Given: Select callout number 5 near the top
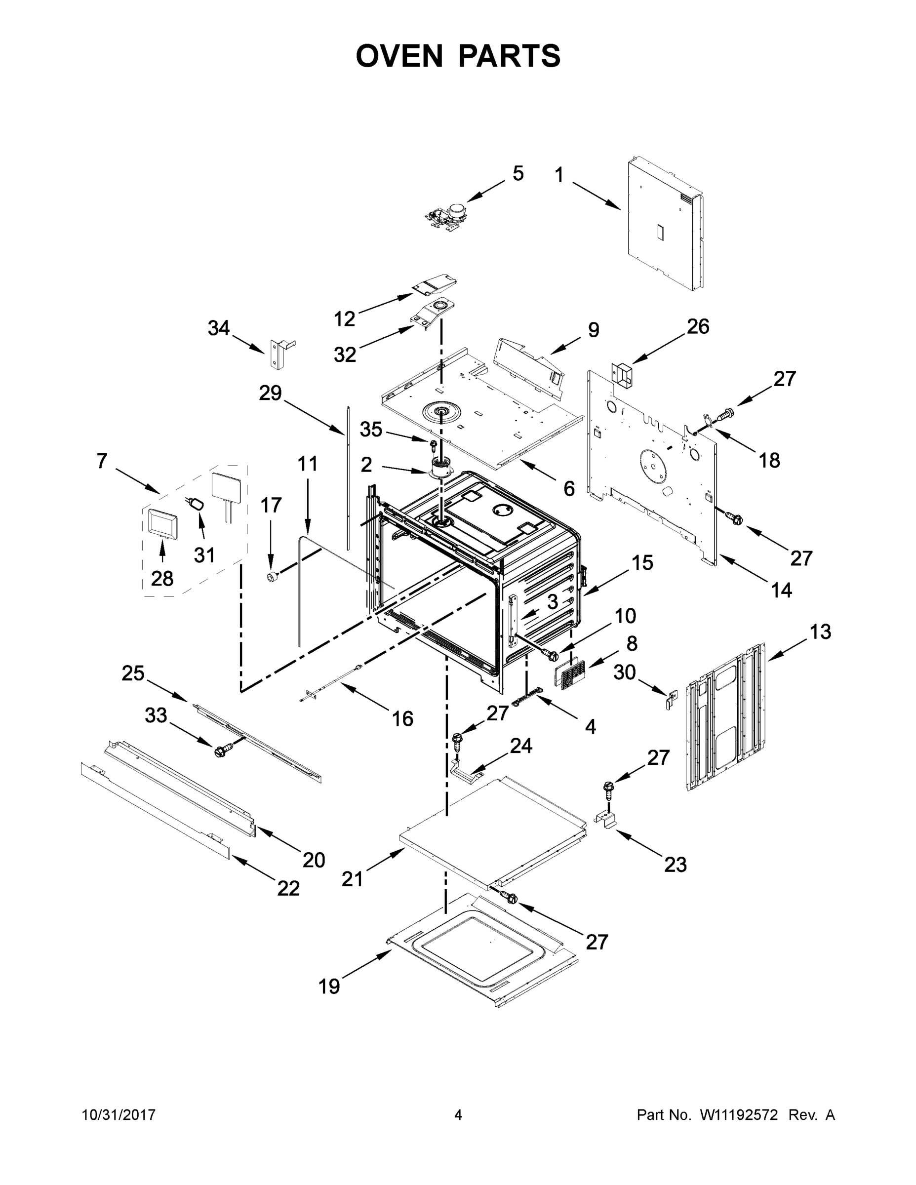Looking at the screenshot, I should click(518, 174).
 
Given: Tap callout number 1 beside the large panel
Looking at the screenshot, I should click(559, 175).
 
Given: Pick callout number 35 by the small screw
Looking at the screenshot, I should click(371, 429).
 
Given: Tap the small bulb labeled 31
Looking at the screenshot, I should click(197, 504).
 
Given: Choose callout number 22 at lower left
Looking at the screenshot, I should click(288, 888).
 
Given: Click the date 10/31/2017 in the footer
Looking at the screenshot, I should click(119, 1114).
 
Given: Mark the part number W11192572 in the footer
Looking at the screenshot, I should click(739, 1115).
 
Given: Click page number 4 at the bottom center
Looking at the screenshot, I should click(458, 1114).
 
